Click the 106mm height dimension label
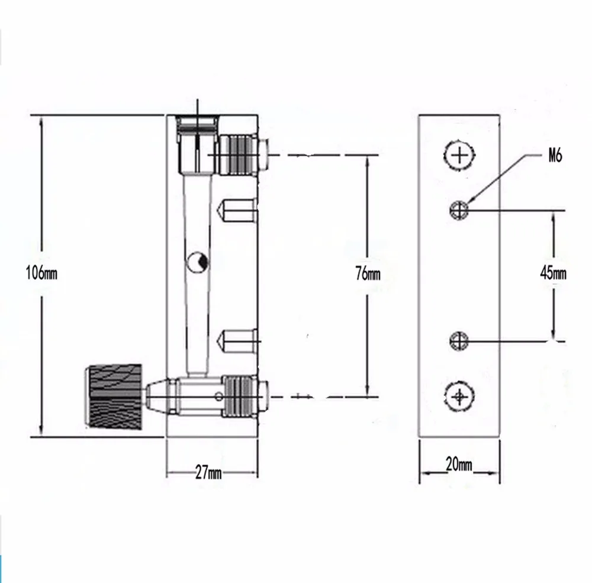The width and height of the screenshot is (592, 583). tap(41, 273)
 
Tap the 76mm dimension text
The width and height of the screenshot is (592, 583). tap(368, 273)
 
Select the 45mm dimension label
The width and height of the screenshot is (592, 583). tap(554, 273)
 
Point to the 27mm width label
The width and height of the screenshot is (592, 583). tap(208, 472)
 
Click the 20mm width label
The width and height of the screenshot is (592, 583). tap(459, 465)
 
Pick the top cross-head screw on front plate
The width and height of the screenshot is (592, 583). tap(459, 155)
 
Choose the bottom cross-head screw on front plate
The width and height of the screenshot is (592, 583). tap(459, 395)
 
